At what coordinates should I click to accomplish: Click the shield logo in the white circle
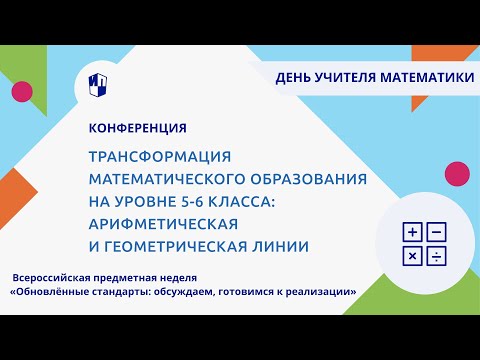99,82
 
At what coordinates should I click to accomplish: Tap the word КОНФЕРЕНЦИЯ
137,128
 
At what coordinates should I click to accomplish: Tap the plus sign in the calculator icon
412,233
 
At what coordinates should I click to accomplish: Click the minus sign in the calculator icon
436,233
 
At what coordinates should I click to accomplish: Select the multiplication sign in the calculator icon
412,257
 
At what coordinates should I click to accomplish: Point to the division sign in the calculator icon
436,257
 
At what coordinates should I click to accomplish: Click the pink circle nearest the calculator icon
457,173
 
